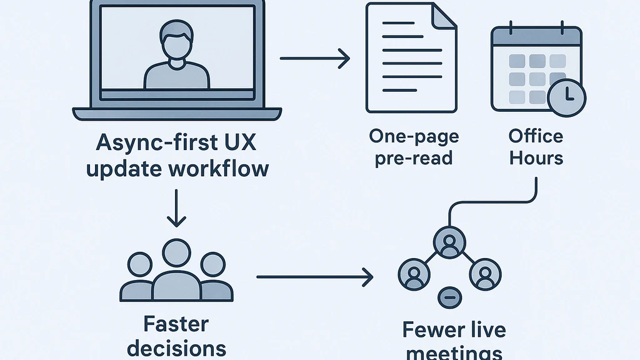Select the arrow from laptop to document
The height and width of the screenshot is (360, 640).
point(314,59)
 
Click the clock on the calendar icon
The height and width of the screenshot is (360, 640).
point(566,97)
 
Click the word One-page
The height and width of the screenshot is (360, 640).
point(413,136)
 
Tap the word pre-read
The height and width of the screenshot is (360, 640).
point(413,157)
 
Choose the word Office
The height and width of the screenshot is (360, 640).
point(536,136)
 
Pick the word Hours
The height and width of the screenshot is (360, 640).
point(536,157)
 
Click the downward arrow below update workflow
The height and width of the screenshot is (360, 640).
point(177,210)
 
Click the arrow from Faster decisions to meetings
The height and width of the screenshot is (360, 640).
point(314,276)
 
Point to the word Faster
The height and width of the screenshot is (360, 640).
point(177,324)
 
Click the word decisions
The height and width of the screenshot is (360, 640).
point(177,347)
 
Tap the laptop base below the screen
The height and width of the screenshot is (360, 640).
point(177,114)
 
